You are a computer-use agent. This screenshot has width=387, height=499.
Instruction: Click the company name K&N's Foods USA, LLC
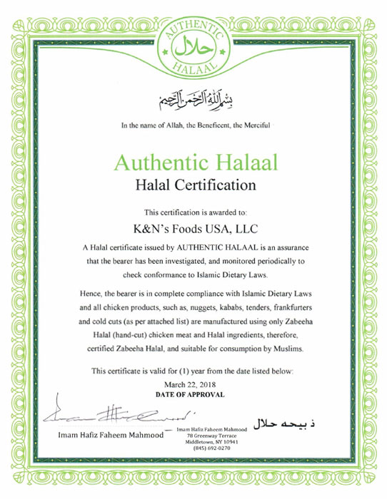194,230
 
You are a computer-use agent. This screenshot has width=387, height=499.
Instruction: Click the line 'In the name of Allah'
194,126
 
